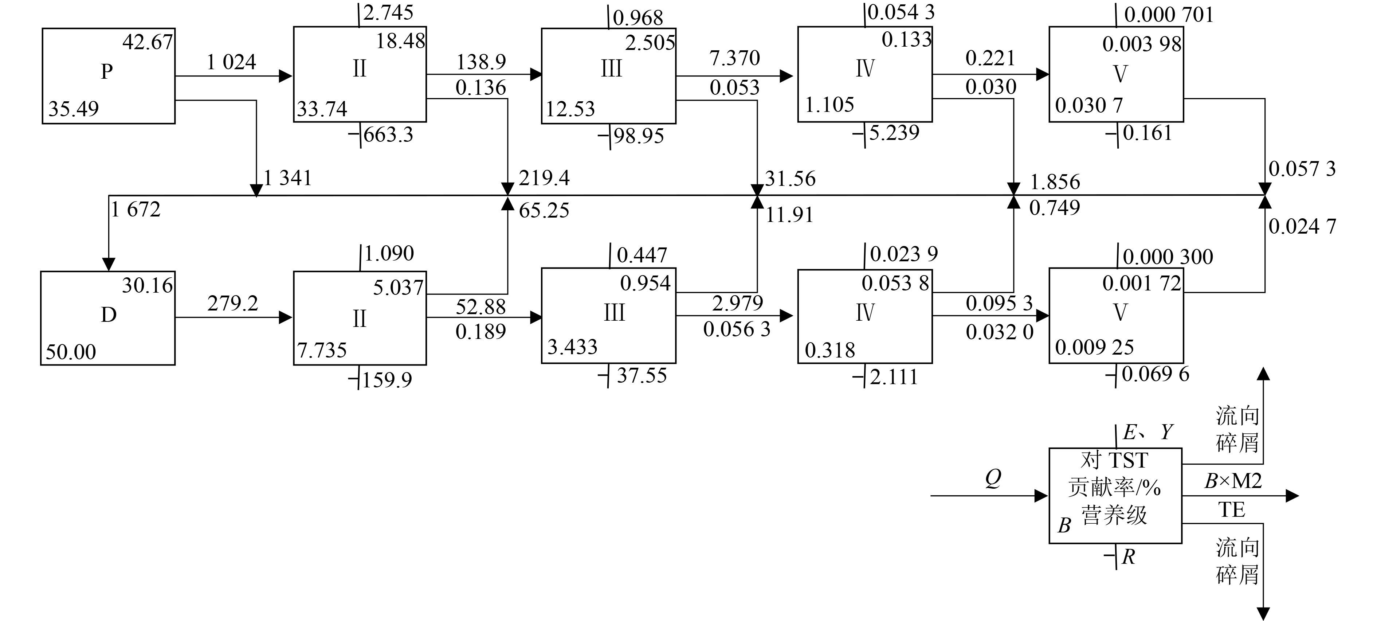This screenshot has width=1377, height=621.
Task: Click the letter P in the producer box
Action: pyautogui.click(x=107, y=71)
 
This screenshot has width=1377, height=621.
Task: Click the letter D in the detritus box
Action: pyautogui.click(x=109, y=315)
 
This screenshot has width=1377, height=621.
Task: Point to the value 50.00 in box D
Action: pyautogui.click(x=71, y=352)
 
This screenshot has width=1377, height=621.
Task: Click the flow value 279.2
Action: pyautogui.click(x=232, y=304)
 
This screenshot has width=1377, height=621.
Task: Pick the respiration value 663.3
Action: pyautogui.click(x=388, y=135)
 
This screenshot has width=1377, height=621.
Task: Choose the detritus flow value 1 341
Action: pyautogui.click(x=287, y=177)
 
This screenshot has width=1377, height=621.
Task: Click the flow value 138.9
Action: pyautogui.click(x=480, y=62)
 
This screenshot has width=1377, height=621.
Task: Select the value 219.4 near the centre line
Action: pyautogui.click(x=544, y=177)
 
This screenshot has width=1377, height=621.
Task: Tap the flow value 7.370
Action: pyautogui.click(x=734, y=58)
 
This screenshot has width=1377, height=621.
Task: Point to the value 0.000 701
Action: pyautogui.click(x=1169, y=15)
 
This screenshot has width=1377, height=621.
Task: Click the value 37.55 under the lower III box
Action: pyautogui.click(x=642, y=375)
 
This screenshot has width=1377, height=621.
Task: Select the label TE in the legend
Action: pyautogui.click(x=1232, y=510)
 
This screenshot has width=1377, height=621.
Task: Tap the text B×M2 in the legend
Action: pyautogui.click(x=1233, y=481)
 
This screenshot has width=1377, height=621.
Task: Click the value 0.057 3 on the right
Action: pyautogui.click(x=1302, y=169)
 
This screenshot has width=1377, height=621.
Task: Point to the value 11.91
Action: pyautogui.click(x=789, y=215)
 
